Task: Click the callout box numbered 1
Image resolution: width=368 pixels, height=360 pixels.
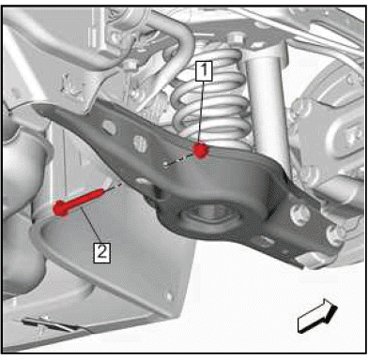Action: click(x=204, y=70)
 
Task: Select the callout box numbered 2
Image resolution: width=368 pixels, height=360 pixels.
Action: click(x=102, y=252)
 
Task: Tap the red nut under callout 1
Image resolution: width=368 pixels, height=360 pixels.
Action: click(x=200, y=150)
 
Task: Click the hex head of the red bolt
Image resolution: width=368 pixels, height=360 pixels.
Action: click(x=60, y=208)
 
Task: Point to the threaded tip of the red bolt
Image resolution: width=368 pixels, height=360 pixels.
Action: click(x=100, y=192)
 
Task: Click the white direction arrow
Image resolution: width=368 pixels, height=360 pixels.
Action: click(x=317, y=316)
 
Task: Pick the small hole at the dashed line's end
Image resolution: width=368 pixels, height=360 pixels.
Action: click(x=165, y=164)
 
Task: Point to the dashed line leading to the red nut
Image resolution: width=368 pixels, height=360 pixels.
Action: click(x=180, y=158)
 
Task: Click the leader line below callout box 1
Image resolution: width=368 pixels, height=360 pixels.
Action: click(x=203, y=112)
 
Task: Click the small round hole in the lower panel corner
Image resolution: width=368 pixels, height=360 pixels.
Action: click(x=169, y=296)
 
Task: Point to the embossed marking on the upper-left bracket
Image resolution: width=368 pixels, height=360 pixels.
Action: click(x=72, y=86)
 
